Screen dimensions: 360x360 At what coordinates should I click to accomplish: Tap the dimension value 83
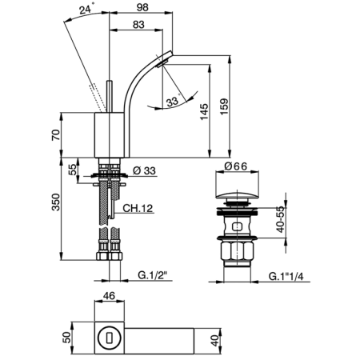click(x=138, y=26)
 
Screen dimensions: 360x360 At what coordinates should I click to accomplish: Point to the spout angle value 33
click(x=171, y=102)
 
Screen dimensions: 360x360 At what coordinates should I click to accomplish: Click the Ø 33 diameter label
click(x=143, y=170)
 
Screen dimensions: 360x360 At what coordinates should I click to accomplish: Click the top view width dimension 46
click(x=110, y=296)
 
